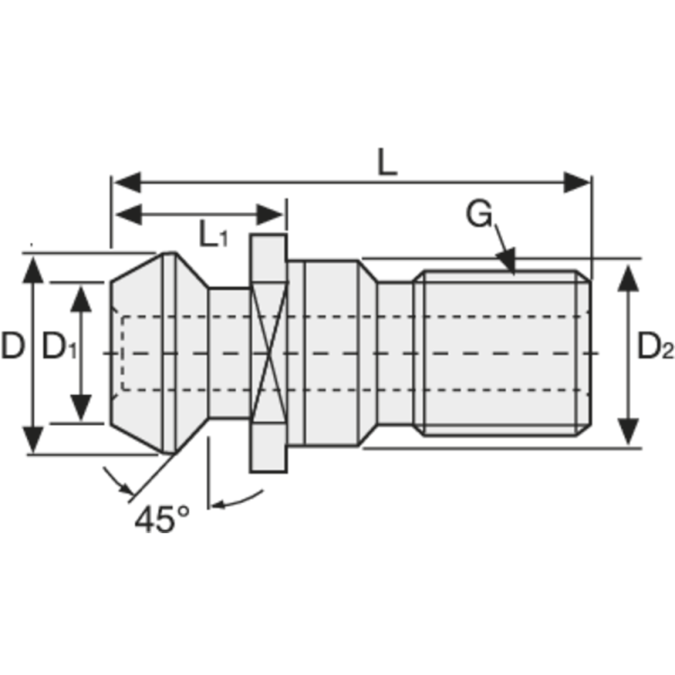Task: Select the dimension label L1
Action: (212, 235)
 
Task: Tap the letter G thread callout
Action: (478, 215)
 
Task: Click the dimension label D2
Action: (655, 346)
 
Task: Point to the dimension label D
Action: (13, 346)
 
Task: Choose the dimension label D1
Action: (59, 346)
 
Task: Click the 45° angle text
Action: (162, 518)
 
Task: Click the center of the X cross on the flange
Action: (268, 354)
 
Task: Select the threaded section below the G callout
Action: (502, 353)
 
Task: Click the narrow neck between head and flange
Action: (228, 353)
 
